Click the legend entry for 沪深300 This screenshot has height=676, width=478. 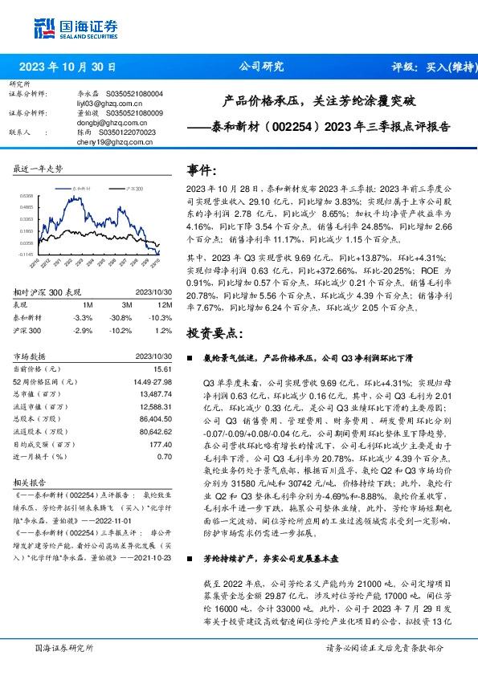click(132, 187)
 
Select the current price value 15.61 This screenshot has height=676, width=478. click(164, 368)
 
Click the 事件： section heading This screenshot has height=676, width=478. click(202, 170)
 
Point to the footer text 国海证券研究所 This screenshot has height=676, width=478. click(65, 647)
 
